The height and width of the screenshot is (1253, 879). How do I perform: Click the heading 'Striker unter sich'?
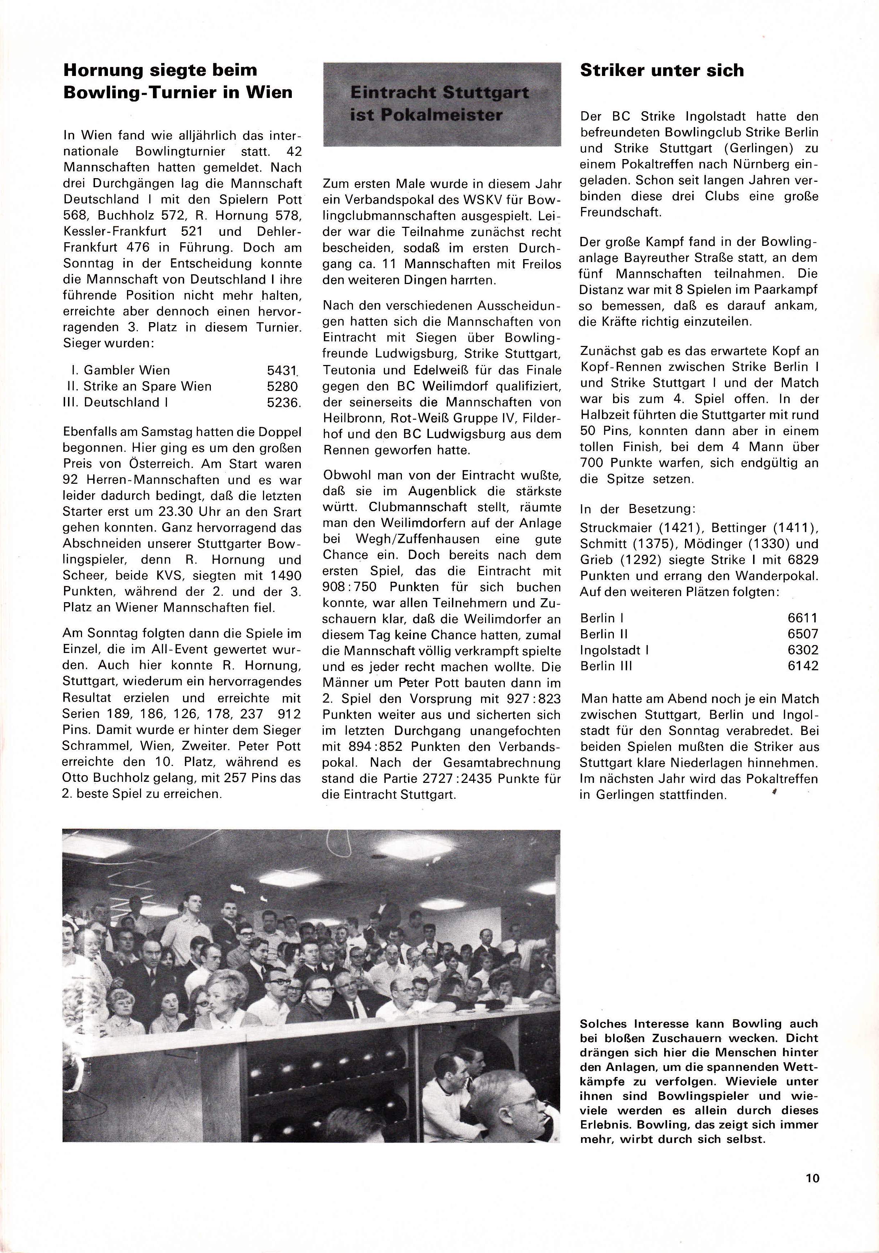pyautogui.click(x=661, y=71)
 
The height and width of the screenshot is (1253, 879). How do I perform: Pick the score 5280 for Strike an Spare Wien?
pyautogui.click(x=282, y=386)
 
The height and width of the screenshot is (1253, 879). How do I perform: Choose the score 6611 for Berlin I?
pyautogui.click(x=803, y=618)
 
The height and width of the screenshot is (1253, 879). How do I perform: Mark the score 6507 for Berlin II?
pyautogui.click(x=803, y=634)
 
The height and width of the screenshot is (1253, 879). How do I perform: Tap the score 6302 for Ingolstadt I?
pyautogui.click(x=803, y=650)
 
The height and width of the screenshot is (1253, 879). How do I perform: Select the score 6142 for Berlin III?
pyautogui.click(x=803, y=666)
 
